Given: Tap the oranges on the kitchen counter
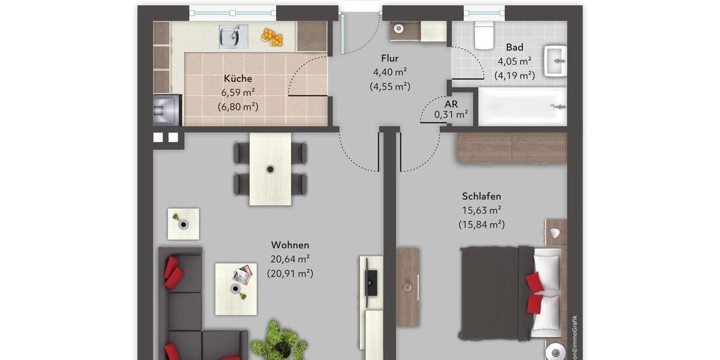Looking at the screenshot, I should [272, 37].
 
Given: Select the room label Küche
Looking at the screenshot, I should [238, 79].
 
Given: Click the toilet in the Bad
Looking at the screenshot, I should [484, 35].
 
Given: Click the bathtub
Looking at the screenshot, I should [522, 107].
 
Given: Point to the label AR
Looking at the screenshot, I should [451, 103].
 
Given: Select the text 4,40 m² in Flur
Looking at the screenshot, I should [390, 72].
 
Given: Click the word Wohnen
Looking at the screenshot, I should [290, 245].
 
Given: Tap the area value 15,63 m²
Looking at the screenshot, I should [481, 211].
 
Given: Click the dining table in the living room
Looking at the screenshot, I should [270, 169].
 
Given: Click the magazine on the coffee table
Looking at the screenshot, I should [242, 275].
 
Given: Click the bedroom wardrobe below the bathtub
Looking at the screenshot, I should [512, 148].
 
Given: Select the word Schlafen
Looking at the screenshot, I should [481, 196].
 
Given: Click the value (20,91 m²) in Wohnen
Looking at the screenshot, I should [290, 274].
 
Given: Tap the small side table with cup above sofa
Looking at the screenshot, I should [183, 224].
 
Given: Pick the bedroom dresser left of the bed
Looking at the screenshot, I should [407, 287].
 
